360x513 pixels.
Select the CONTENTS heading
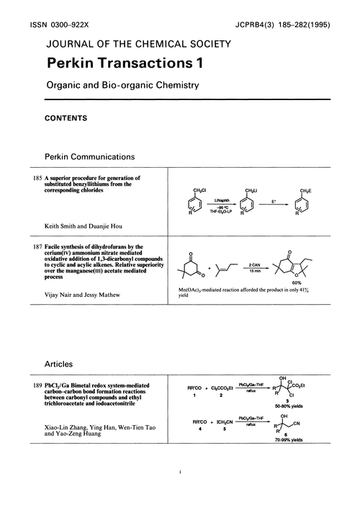tap(66, 117)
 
